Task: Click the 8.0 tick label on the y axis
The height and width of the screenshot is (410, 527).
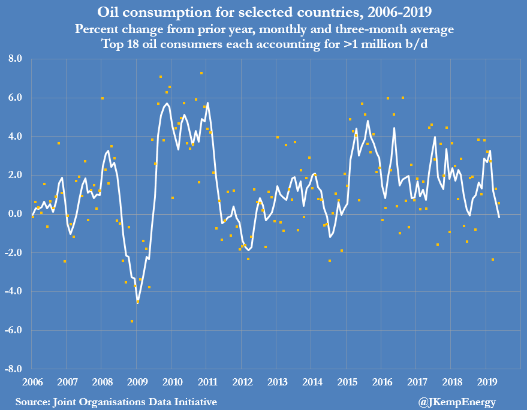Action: [x=14, y=59]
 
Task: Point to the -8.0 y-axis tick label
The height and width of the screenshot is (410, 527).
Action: [x=13, y=369]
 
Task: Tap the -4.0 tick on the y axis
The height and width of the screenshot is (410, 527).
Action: [x=13, y=291]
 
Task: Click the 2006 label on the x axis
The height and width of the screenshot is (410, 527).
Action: [x=32, y=382]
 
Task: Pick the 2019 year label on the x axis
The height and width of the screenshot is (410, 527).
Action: [x=486, y=382]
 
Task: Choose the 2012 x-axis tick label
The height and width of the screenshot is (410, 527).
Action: [x=242, y=382]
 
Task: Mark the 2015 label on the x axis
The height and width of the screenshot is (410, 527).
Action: [x=347, y=382]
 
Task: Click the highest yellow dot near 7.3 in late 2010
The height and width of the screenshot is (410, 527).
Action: [x=201, y=73]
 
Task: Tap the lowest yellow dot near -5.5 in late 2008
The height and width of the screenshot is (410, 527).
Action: [x=132, y=321]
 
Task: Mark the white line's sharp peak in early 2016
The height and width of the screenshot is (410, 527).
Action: [x=394, y=128]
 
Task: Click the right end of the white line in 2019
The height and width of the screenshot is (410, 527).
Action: [x=499, y=217]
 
